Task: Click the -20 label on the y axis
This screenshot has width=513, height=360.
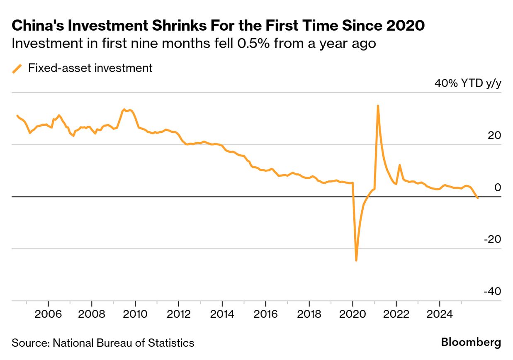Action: click(492, 239)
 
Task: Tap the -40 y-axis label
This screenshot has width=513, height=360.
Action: click(492, 292)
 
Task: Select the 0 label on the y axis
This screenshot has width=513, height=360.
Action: click(498, 187)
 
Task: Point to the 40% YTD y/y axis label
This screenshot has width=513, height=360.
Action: click(468, 83)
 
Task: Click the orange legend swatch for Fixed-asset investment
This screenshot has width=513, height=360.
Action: click(17, 68)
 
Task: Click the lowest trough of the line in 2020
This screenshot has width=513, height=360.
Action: click(356, 260)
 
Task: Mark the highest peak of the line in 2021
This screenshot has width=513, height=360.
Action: click(378, 106)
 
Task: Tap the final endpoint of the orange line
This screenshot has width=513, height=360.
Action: click(478, 198)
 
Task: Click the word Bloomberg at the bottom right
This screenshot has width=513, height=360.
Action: click(471, 343)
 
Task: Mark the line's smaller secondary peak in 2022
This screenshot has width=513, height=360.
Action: click(399, 165)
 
